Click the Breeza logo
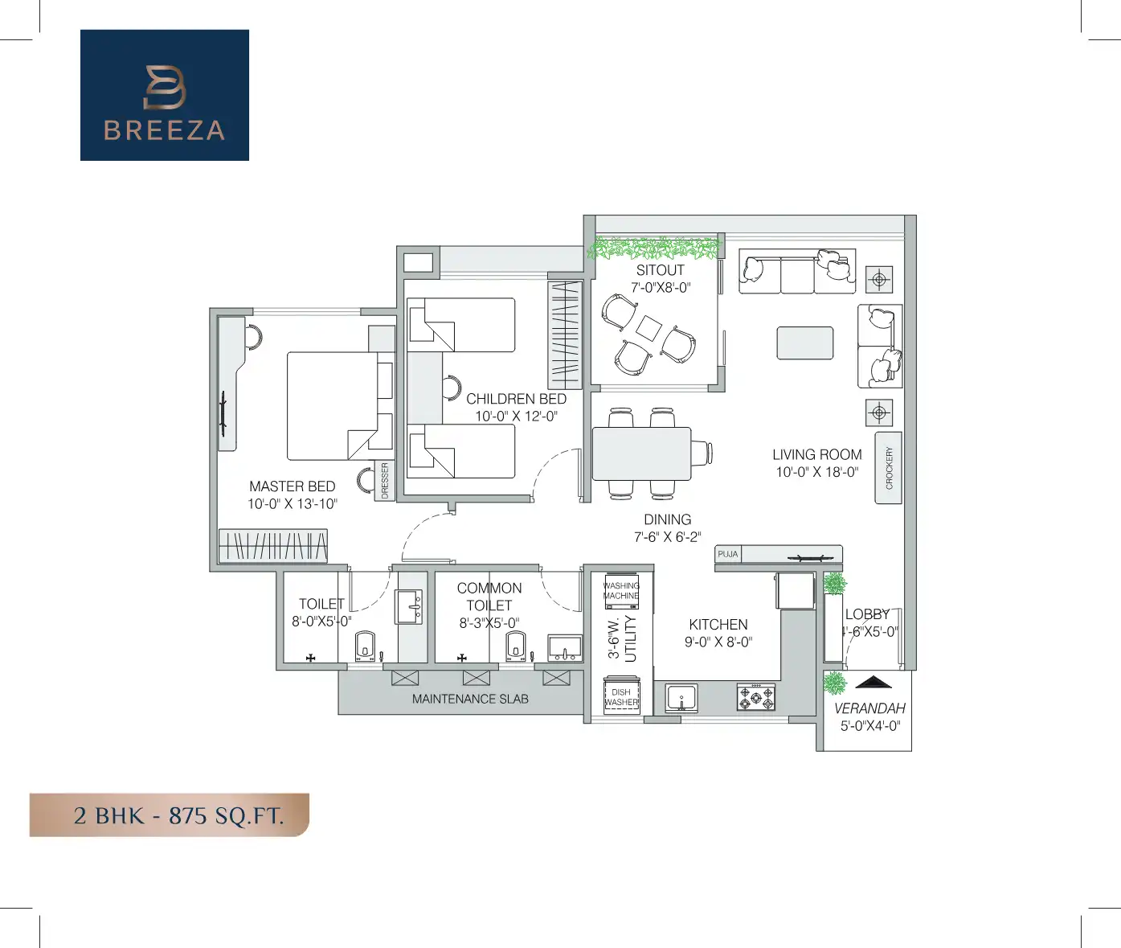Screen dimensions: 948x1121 165,96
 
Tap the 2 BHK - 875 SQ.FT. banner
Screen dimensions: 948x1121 170,815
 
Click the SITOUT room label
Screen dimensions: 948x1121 660,270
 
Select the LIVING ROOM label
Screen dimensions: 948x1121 816,454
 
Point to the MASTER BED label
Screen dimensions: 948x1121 292,486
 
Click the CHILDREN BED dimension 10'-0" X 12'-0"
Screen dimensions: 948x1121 516,417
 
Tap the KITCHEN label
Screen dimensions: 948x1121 718,625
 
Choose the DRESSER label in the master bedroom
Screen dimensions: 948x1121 385,480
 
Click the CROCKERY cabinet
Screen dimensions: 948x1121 888,468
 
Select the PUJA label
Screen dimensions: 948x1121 727,554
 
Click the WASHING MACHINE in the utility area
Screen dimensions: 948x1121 621,591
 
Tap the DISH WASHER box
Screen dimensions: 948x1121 621,696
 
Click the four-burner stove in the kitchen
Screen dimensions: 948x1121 756,697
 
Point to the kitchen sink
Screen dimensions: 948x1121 681,698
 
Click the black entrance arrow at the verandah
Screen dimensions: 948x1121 874,683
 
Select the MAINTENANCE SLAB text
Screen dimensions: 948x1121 470,699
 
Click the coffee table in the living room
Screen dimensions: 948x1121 804,343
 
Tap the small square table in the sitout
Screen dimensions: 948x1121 648,327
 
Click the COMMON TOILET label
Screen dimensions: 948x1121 489,597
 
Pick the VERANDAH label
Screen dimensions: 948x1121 869,708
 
